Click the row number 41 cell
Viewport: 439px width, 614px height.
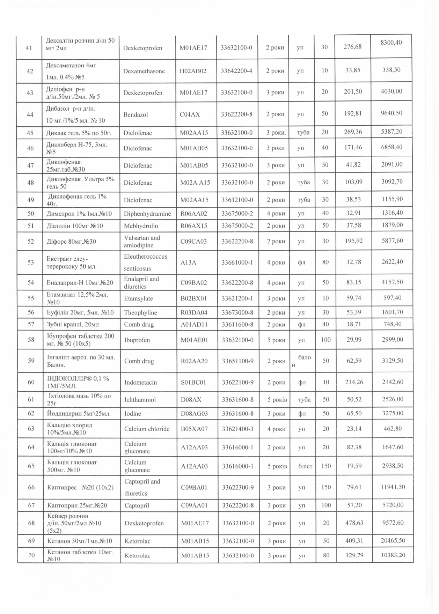[29, 48]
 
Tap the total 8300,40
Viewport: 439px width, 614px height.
[392, 43]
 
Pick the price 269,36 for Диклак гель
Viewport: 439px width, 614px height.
[353, 132]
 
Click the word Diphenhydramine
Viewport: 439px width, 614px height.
[147, 214]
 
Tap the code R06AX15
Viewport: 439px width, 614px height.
[194, 226]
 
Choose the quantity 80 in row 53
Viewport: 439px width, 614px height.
[325, 262]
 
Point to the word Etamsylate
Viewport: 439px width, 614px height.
[139, 298]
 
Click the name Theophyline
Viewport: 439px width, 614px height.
[141, 312]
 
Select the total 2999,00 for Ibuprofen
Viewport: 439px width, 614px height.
[393, 339]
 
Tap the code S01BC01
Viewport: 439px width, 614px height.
[193, 382]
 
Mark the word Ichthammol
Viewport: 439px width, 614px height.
[140, 400]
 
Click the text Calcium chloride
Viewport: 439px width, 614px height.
[147, 429]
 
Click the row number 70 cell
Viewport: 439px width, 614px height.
[31, 555]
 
